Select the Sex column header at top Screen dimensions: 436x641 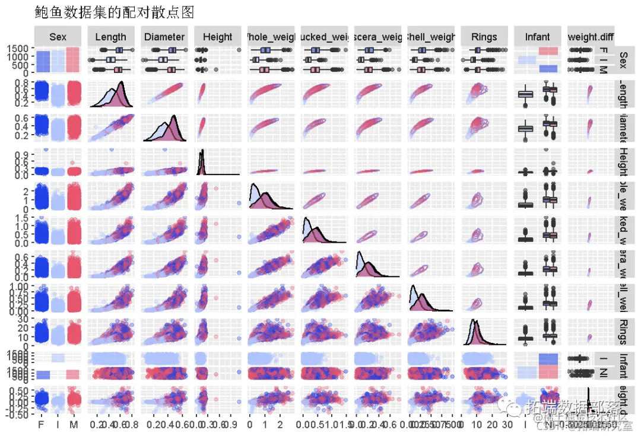[x=58, y=37]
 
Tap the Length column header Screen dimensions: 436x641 [x=111, y=37]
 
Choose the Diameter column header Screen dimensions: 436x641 [x=164, y=37]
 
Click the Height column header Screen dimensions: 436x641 [x=217, y=37]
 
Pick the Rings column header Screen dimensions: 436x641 [x=484, y=37]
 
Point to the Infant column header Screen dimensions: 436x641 [x=537, y=37]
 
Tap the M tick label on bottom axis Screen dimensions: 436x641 [x=74, y=425]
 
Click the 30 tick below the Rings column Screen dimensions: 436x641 [x=506, y=425]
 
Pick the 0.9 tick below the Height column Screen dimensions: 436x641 [x=233, y=425]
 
